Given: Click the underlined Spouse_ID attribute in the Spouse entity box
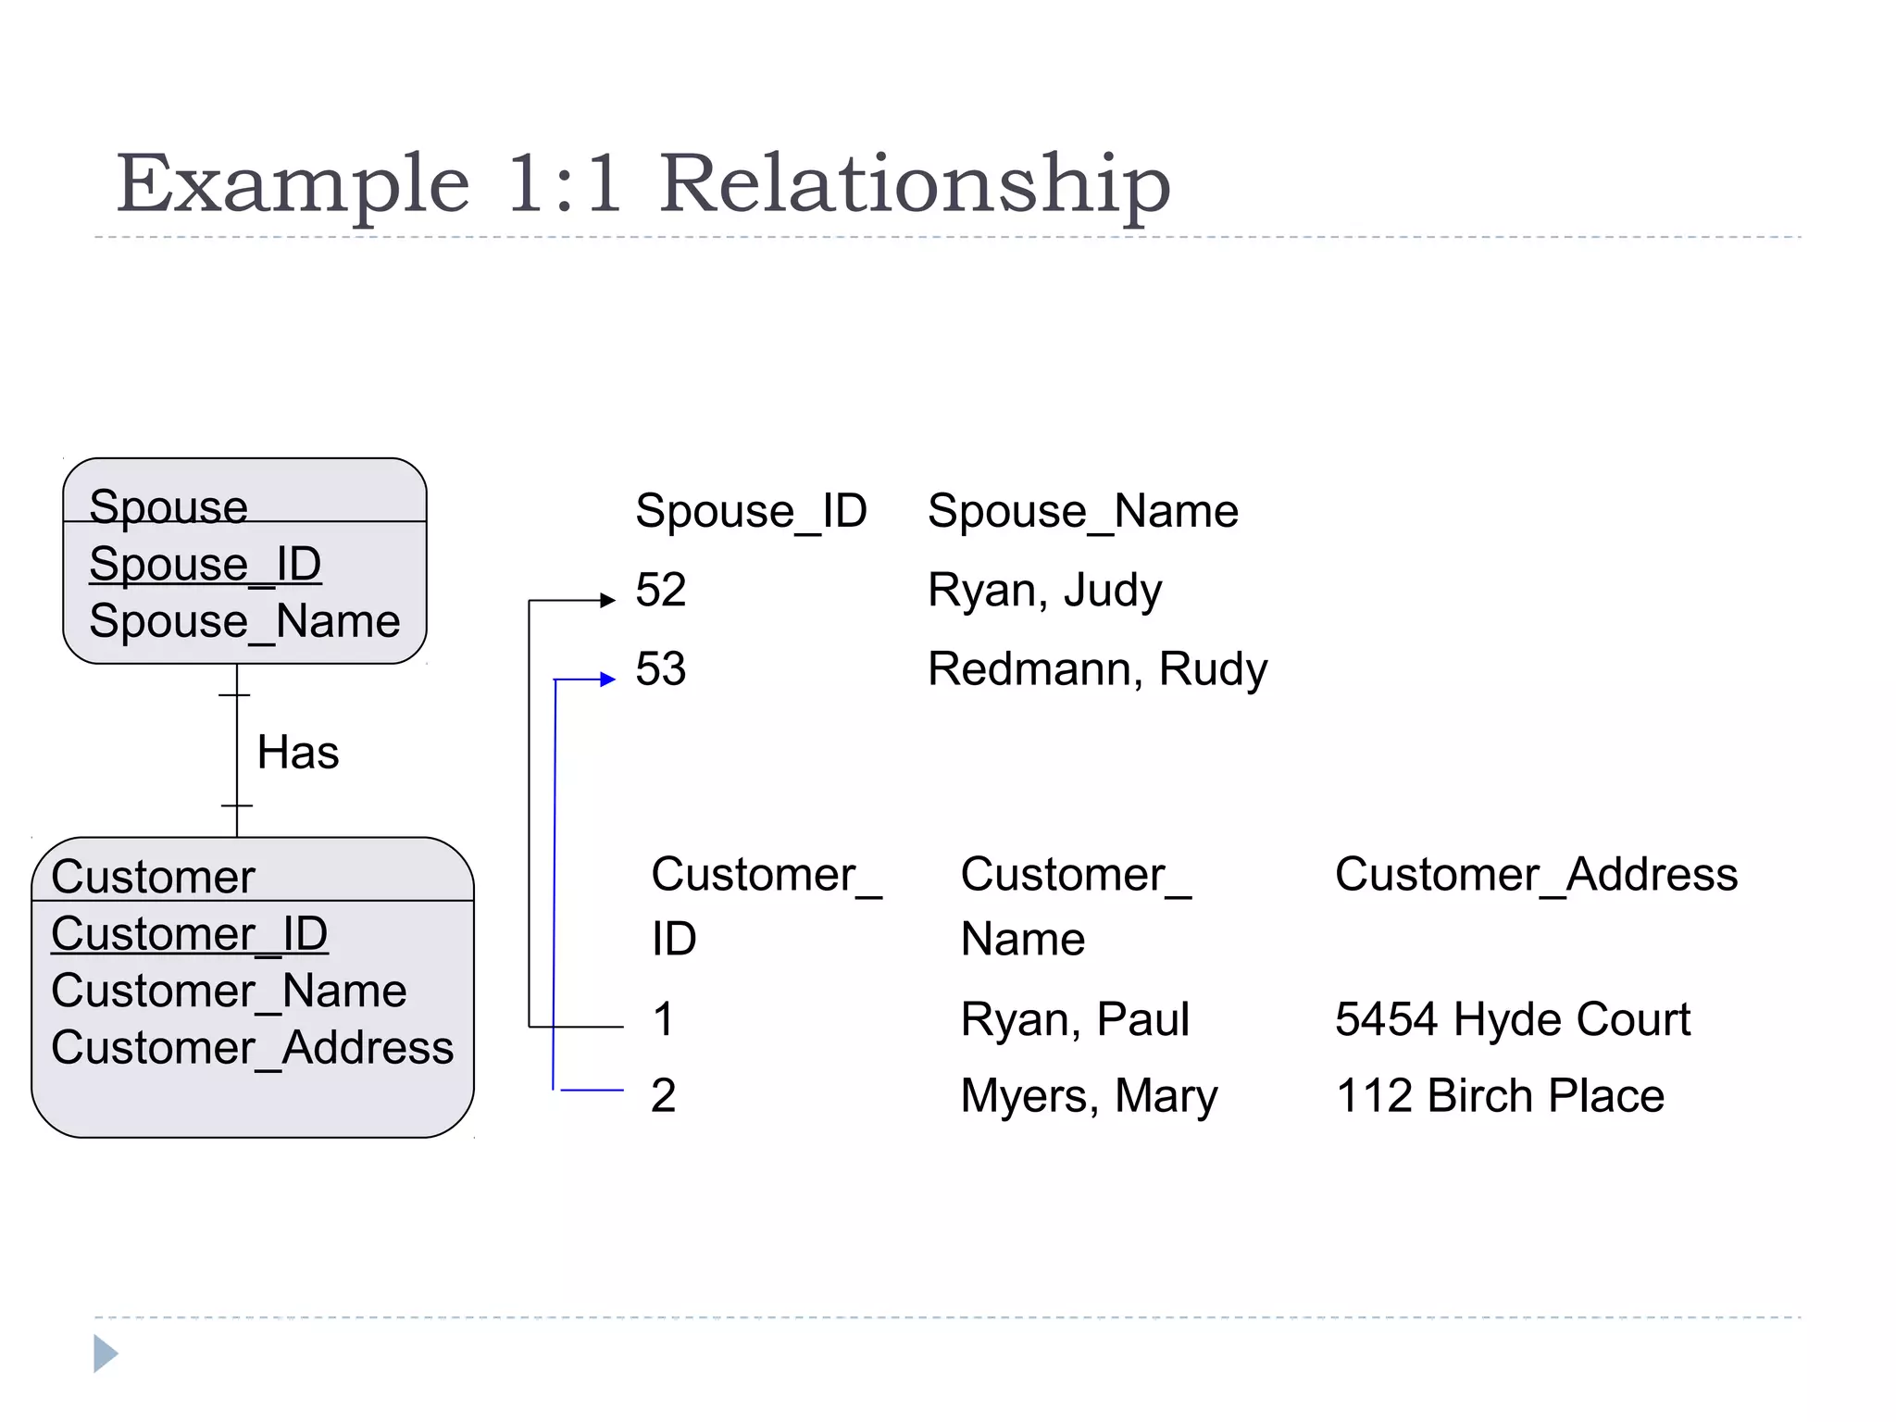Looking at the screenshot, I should (x=205, y=564).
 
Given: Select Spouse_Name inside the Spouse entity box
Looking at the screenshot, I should (x=244, y=621).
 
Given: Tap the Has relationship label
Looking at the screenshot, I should (x=297, y=752).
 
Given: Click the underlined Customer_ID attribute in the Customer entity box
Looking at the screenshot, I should (x=189, y=933).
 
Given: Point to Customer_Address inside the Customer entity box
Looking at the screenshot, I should (x=252, y=1048).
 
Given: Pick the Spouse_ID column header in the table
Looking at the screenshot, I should (x=751, y=511).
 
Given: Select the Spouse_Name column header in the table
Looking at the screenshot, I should (x=1082, y=511).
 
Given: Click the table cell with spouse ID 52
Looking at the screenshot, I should (x=660, y=590).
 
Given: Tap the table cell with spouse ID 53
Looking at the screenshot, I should (x=660, y=668).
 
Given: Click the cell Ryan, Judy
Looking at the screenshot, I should (x=1044, y=591).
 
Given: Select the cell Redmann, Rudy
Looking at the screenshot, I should (x=1097, y=669).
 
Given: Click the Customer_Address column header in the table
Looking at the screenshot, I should (x=1536, y=875).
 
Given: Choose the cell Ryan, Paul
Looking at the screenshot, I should (x=1074, y=1019).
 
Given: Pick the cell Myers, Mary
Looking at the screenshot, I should (x=1089, y=1096).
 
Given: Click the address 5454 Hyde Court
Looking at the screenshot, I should (x=1513, y=1019).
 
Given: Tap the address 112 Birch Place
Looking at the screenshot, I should (x=1500, y=1096).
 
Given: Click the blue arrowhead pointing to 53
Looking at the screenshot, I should (x=608, y=680).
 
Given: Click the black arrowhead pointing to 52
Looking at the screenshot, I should (x=608, y=601).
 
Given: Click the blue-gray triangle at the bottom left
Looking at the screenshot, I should (x=105, y=1353).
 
